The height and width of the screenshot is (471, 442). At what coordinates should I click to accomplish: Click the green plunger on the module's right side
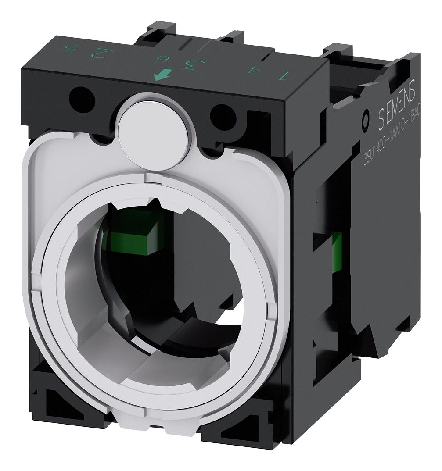[337, 252]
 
